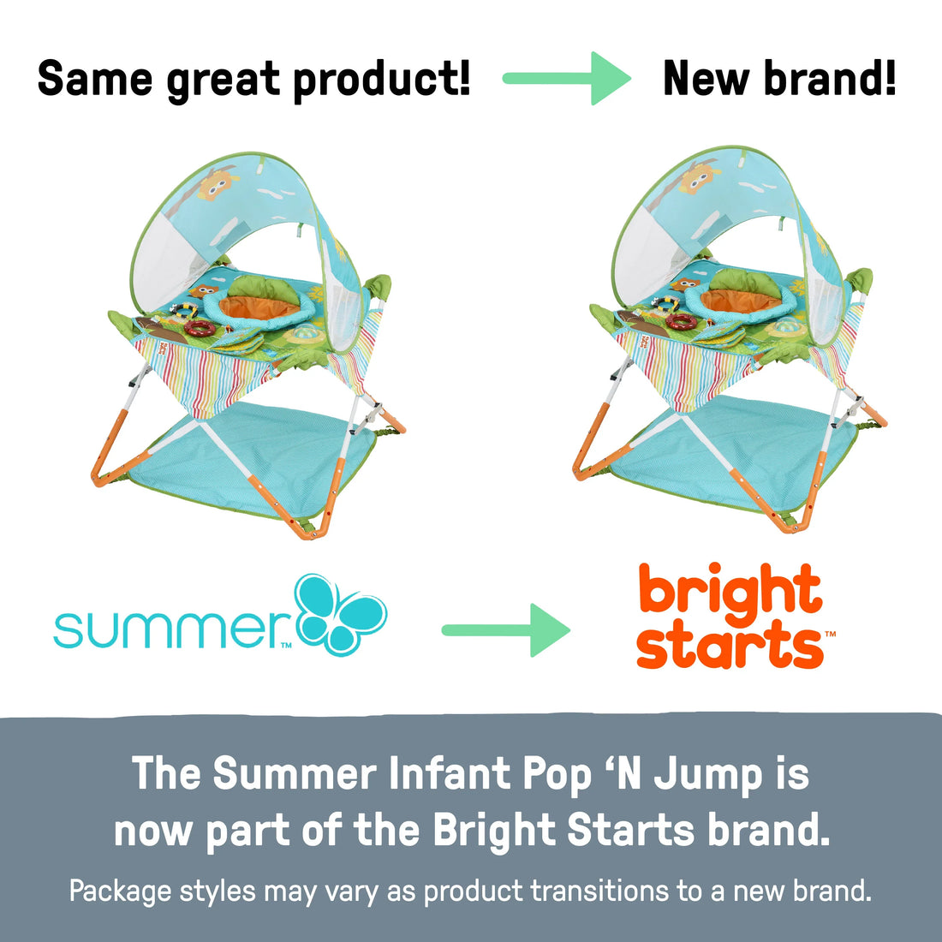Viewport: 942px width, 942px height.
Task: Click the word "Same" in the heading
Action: (95, 79)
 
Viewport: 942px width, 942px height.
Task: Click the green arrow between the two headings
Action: (566, 79)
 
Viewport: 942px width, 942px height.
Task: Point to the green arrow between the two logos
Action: (505, 630)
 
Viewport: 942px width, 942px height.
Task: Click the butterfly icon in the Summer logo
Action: (340, 614)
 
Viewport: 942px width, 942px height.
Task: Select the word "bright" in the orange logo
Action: (730, 592)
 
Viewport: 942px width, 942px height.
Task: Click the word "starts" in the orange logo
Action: (729, 647)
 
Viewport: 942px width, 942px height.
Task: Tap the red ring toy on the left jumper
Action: (200, 327)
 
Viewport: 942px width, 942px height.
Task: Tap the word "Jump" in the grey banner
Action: (707, 774)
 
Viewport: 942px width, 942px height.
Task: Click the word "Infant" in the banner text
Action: (449, 774)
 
